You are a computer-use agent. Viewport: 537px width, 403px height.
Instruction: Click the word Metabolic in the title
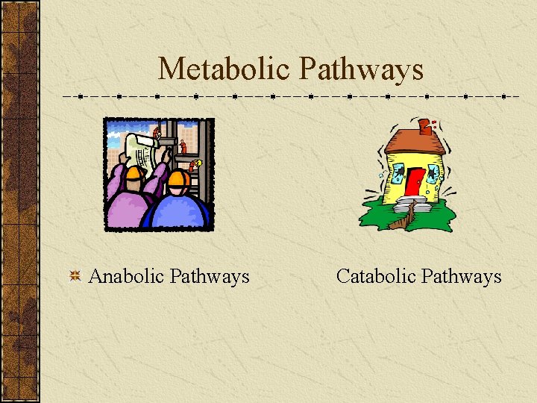pos(224,69)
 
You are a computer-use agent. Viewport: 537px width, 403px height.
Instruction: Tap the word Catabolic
pos(375,276)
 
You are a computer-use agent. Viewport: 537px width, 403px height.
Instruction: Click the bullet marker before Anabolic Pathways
pos(75,277)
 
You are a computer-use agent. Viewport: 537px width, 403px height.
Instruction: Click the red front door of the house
pos(415,184)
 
